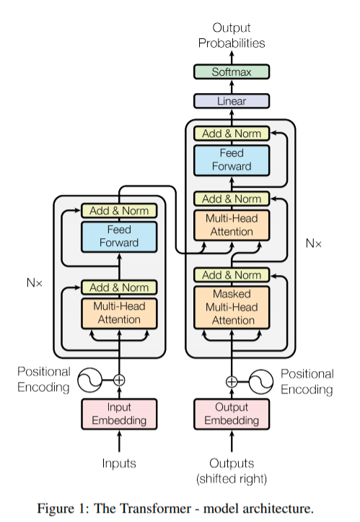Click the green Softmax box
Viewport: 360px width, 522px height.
(232, 72)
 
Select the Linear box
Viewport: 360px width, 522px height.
(232, 101)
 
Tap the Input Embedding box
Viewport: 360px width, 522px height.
(119, 414)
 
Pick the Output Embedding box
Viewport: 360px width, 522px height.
(232, 414)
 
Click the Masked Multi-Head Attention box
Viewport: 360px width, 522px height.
(232, 308)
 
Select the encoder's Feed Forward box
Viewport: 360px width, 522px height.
(119, 236)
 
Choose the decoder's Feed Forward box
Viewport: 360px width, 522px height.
(232, 160)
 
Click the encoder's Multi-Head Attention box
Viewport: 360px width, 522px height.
(119, 313)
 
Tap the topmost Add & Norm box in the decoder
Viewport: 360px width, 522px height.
(232, 134)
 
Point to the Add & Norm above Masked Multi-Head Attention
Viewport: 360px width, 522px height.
(232, 275)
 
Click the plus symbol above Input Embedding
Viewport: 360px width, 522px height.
(119, 380)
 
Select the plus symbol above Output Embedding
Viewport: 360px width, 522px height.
(232, 382)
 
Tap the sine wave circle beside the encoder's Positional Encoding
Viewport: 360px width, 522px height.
(90, 380)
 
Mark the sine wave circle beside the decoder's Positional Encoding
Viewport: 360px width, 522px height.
(261, 382)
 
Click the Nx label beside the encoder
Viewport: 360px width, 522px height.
(35, 282)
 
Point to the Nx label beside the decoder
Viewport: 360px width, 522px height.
(313, 243)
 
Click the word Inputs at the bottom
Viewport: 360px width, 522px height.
(119, 463)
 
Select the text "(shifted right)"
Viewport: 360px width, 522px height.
(232, 479)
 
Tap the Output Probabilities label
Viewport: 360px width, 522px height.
(232, 35)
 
